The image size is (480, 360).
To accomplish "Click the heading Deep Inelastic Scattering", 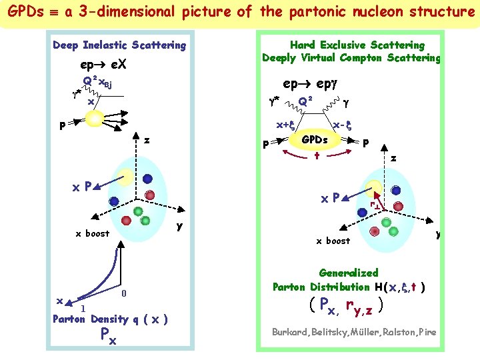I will [x=119, y=45].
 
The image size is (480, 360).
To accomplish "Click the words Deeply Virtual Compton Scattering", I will [x=351, y=58].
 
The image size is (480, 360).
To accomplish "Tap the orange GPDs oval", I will [x=315, y=140].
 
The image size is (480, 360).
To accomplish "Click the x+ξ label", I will [x=286, y=125].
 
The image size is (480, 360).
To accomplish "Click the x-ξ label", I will [x=342, y=125].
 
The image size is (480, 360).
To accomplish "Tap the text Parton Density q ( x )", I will [x=110, y=319].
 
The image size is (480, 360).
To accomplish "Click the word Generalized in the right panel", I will [x=349, y=273].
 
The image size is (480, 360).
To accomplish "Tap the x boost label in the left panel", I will [x=92, y=233].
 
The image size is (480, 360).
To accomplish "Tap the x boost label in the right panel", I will [x=333, y=241].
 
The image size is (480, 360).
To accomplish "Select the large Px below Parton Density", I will [x=107, y=337].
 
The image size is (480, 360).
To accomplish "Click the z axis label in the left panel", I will [x=147, y=141].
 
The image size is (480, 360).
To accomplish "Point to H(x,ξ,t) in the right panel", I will [x=399, y=287].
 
